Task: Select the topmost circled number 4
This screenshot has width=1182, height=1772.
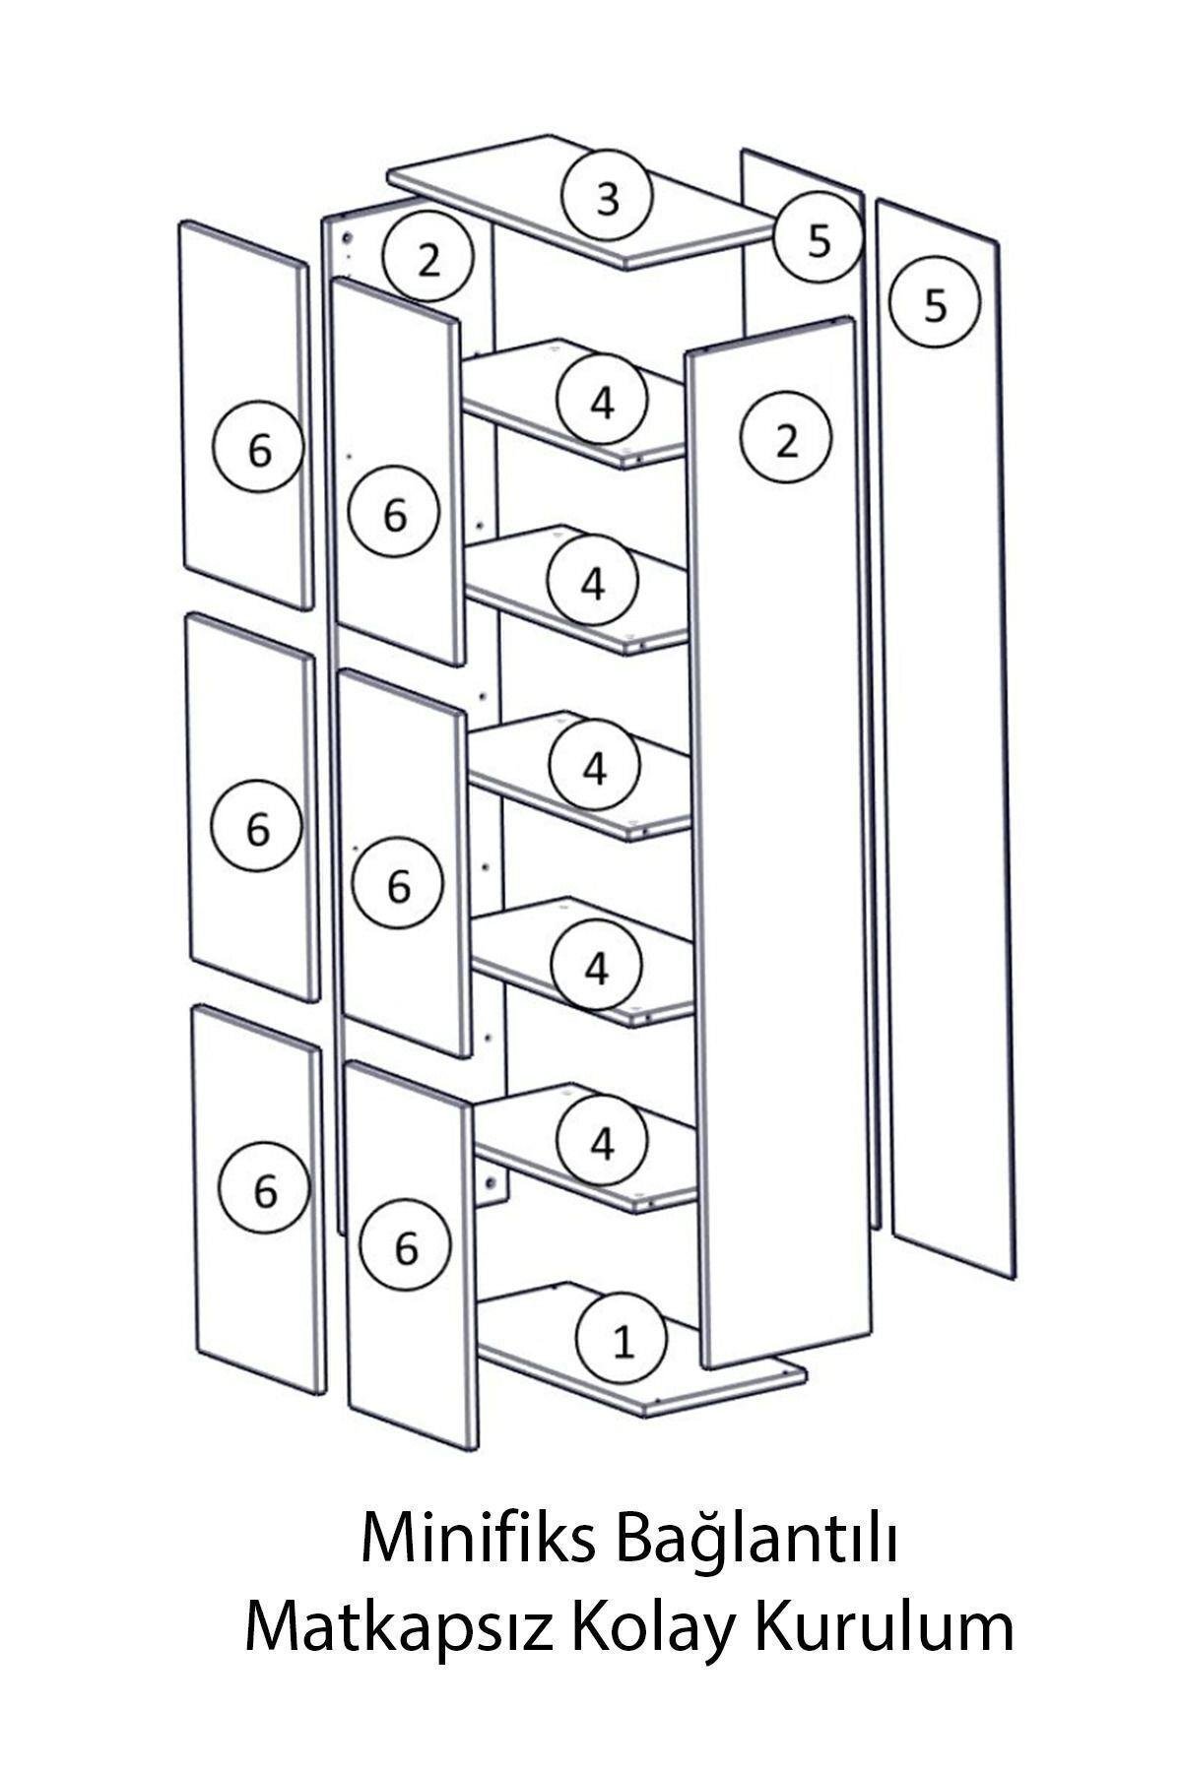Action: (x=602, y=401)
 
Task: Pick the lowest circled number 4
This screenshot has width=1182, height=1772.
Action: (x=602, y=1142)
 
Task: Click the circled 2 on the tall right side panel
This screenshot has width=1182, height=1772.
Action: (x=786, y=441)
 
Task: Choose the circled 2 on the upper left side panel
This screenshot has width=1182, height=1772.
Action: (x=427, y=260)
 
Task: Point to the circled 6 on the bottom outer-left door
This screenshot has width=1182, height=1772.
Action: (x=265, y=1191)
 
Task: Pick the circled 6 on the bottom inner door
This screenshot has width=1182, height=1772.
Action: (x=406, y=1247)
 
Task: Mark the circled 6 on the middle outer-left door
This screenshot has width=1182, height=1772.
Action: (x=256, y=828)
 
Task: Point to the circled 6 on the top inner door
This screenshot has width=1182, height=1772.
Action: (x=394, y=514)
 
